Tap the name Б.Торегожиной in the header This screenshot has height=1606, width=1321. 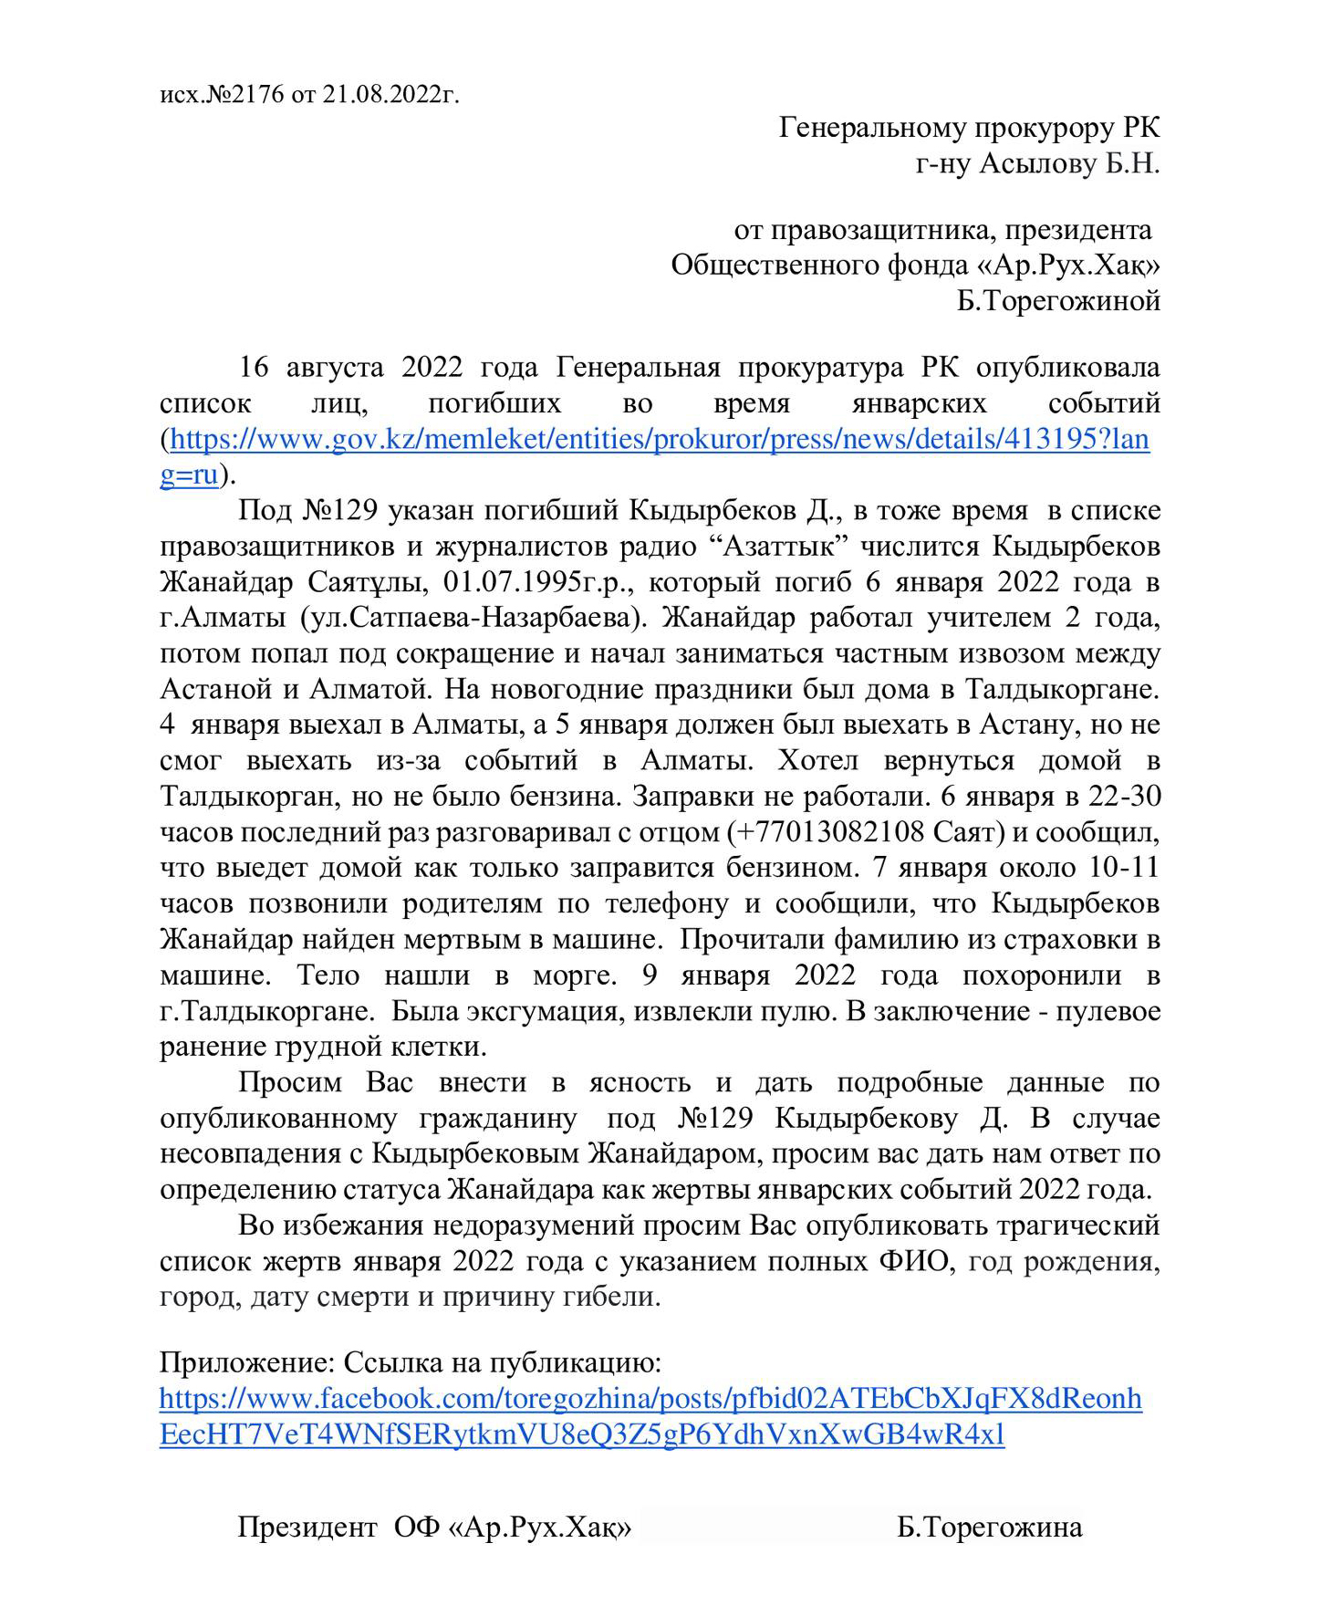(1058, 300)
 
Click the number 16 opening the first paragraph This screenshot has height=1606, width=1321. (254, 368)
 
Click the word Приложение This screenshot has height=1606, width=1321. (238, 1363)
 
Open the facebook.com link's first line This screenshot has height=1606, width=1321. (650, 1399)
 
